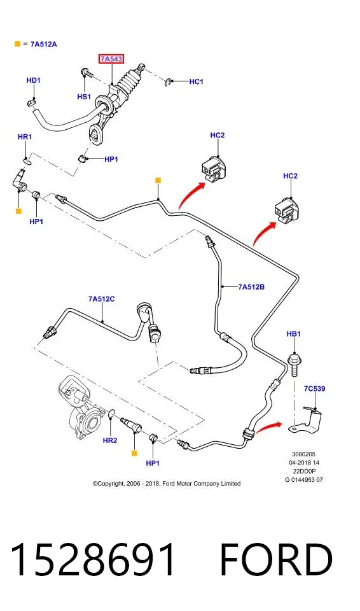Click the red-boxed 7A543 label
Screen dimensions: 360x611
111,59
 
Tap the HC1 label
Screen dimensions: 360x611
197,82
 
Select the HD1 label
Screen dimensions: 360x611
34,80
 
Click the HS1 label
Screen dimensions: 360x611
84,97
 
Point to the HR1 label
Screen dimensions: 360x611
25,137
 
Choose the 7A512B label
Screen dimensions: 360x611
251,287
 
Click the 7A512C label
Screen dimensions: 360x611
101,299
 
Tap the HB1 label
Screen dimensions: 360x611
293,334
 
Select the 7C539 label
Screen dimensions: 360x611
314,388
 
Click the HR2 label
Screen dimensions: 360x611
110,440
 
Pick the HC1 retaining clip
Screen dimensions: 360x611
167,82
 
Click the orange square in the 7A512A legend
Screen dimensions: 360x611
17,44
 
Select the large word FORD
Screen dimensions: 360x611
276,560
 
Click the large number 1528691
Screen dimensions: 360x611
93,560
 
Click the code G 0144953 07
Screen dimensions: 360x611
304,480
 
